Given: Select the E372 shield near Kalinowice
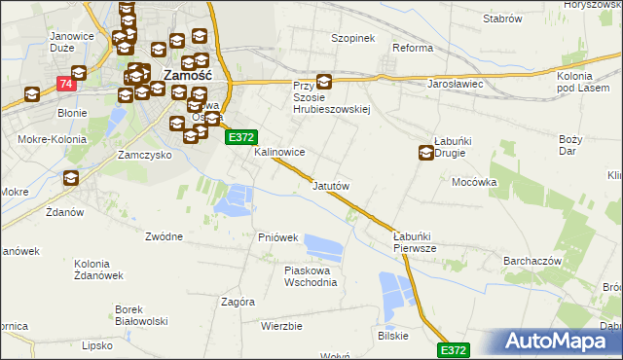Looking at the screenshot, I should tap(241, 139).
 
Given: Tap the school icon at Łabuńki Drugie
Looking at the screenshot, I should tap(426, 152).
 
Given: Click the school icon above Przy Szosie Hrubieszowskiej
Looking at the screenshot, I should tap(324, 84).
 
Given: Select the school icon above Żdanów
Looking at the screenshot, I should tap(71, 177).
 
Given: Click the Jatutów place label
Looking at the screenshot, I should tap(331, 185).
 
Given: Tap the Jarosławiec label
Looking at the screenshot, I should tap(457, 84).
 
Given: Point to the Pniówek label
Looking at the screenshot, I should tap(277, 237).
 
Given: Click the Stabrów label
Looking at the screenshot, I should tap(502, 18).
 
